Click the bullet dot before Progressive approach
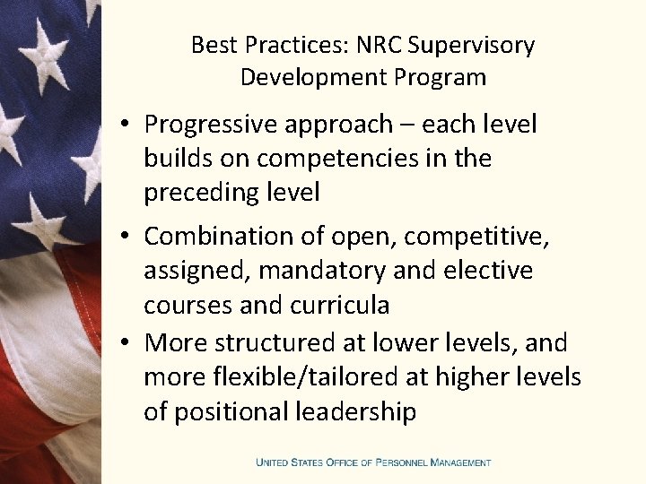point(125,125)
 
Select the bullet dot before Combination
point(125,237)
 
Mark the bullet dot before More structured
point(125,343)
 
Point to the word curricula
point(340,305)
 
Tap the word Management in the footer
point(460,462)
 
